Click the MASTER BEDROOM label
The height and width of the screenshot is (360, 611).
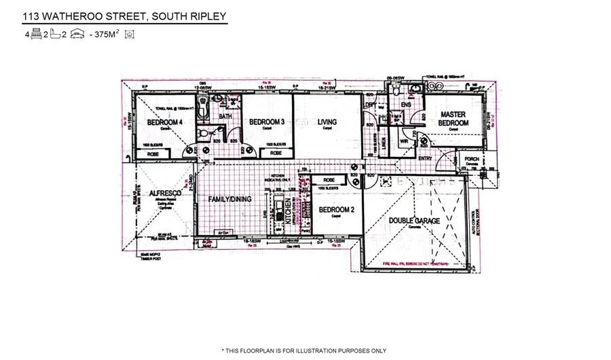click(x=453, y=119)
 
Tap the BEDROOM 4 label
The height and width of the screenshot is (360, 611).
click(x=164, y=122)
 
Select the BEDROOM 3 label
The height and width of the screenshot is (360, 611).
click(x=266, y=122)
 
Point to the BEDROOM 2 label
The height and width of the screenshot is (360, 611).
click(x=337, y=210)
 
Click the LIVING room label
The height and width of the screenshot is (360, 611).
click(x=327, y=122)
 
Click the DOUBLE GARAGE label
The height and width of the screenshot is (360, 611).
click(x=414, y=221)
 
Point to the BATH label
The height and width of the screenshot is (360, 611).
click(x=226, y=116)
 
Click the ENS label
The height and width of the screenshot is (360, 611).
click(x=407, y=105)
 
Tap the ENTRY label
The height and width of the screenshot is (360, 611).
click(x=426, y=159)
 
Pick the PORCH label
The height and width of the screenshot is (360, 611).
click(x=472, y=160)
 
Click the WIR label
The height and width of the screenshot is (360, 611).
click(x=403, y=142)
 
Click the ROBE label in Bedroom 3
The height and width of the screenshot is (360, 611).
click(x=276, y=154)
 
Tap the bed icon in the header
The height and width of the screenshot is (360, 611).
click(x=37, y=33)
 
